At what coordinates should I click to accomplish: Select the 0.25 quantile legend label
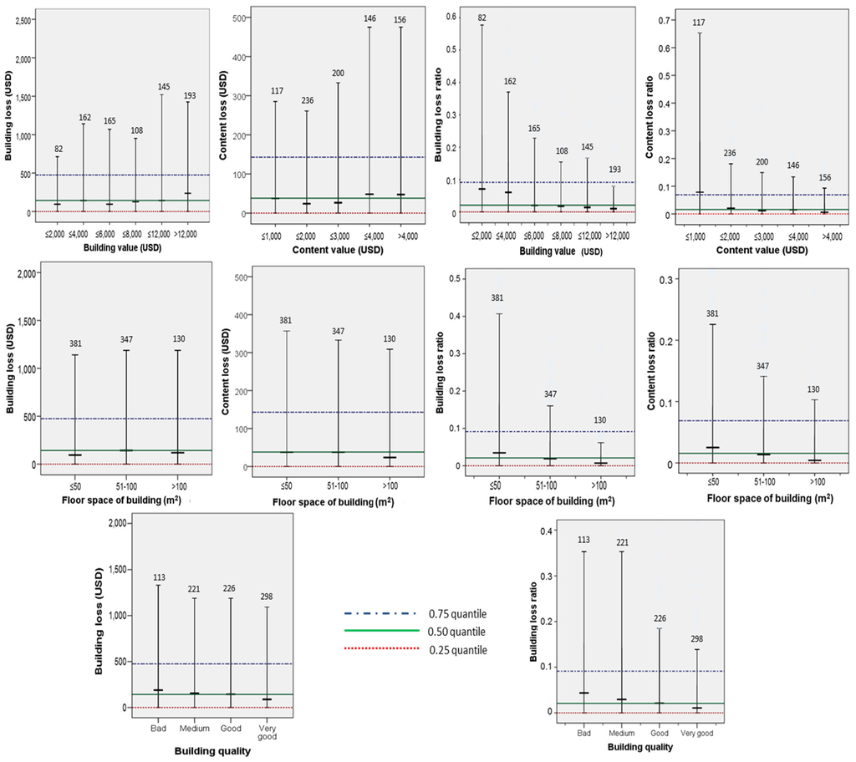[458, 650]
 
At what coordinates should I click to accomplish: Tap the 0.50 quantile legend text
[457, 632]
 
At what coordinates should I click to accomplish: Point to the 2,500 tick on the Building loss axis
[23, 20]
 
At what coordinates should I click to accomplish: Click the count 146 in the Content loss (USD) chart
[369, 18]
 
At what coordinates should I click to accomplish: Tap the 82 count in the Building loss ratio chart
[481, 18]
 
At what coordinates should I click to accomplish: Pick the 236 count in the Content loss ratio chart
[729, 154]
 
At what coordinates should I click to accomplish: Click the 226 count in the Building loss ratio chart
[660, 618]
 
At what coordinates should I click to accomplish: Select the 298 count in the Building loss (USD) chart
[267, 597]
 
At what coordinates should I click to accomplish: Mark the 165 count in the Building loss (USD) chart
[110, 121]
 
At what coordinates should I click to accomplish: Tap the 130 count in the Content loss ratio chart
[813, 389]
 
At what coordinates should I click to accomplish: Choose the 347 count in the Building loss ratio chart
[550, 394]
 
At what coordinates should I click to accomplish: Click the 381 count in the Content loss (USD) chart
[286, 320]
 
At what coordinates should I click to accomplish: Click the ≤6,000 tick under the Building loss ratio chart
[534, 236]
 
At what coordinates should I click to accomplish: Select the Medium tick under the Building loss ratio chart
[622, 733]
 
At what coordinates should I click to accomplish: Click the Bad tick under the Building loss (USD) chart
[158, 728]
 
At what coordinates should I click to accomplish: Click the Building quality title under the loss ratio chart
[639, 747]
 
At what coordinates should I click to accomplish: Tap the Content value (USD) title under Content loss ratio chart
[762, 250]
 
